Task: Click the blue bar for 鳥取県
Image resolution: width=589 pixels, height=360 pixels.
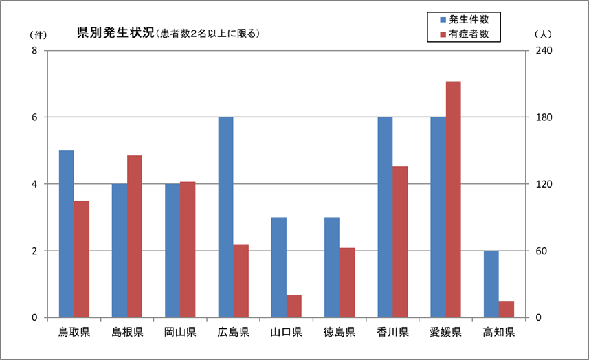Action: [66, 234]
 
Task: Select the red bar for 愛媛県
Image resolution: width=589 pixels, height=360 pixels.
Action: [454, 199]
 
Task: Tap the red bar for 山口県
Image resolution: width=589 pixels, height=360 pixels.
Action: [294, 306]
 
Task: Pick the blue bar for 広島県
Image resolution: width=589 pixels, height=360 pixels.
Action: [225, 217]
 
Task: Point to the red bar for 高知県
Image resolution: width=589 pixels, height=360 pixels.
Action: [507, 309]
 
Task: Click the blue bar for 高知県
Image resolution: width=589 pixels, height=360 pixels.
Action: [491, 284]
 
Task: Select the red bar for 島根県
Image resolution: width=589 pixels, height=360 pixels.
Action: [135, 236]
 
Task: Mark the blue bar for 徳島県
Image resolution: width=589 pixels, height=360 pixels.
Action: [332, 267]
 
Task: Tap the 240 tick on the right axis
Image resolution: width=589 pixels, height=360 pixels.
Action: [544, 51]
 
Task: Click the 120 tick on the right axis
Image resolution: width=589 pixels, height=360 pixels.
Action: [544, 184]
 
